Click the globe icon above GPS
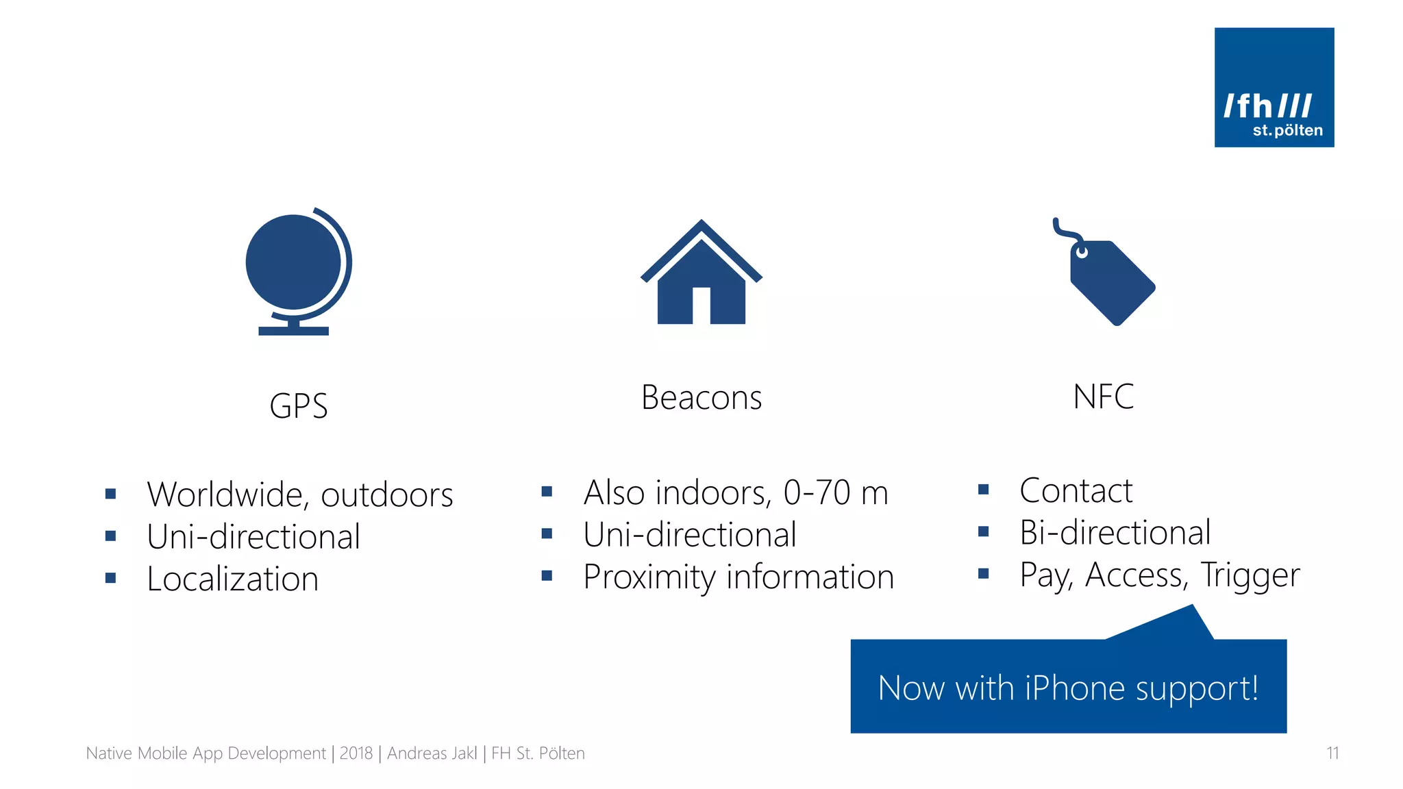pos(297,271)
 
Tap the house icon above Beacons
pos(701,274)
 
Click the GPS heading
pos(299,406)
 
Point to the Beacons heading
pos(701,398)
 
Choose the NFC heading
pos(1103,397)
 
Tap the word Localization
pos(233,579)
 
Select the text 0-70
pos(817,492)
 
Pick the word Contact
pos(1076,490)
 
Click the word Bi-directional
pos(1115,533)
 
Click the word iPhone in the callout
pos(1074,688)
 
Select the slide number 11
pos(1332,753)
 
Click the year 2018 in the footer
pos(356,753)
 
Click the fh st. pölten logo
pos(1274,88)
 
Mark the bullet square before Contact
pos(983,490)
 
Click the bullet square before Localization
pos(110,578)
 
